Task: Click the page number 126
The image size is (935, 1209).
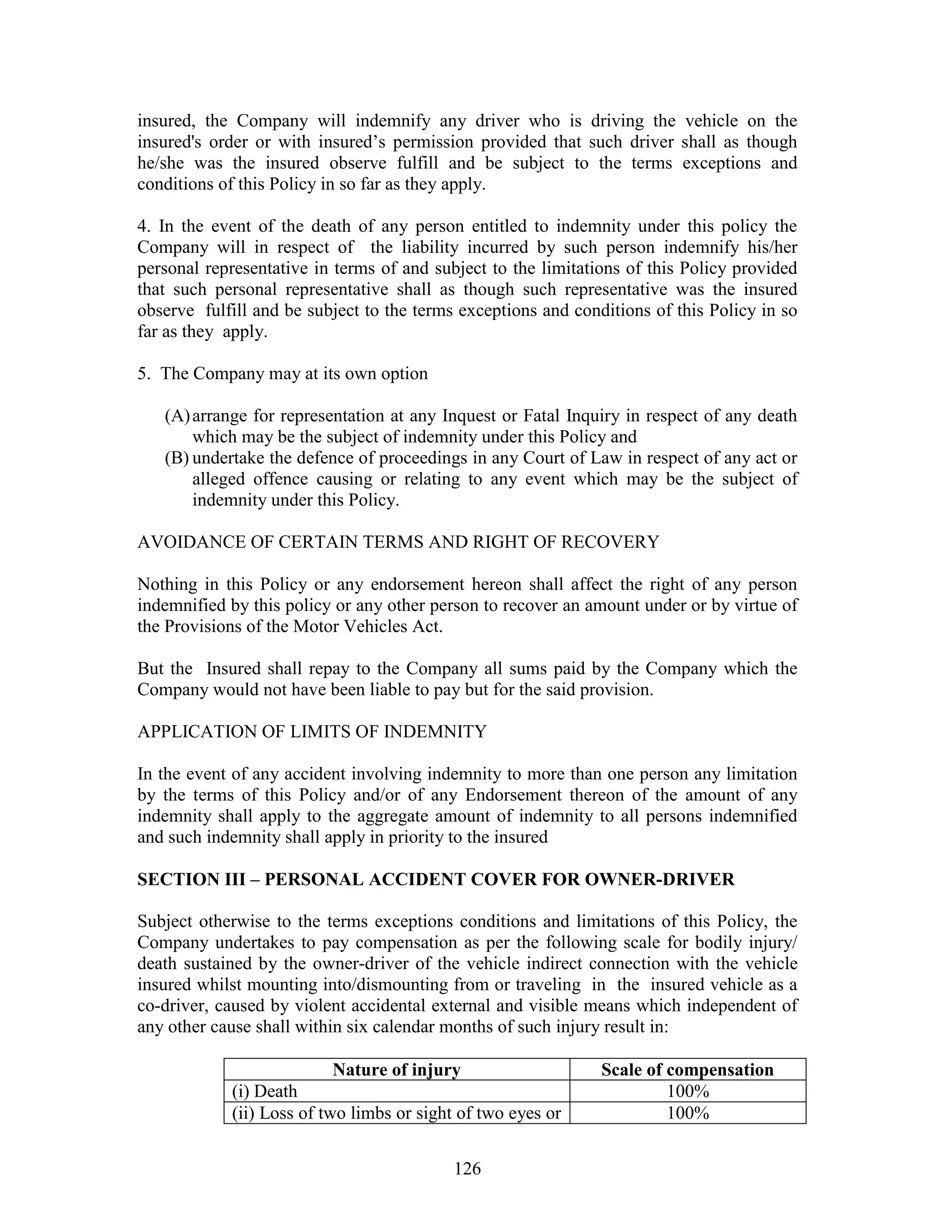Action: pyautogui.click(x=467, y=1168)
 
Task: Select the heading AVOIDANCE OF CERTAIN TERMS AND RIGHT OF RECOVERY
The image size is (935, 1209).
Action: pyautogui.click(x=398, y=542)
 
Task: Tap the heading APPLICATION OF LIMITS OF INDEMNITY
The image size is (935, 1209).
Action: pyautogui.click(x=312, y=731)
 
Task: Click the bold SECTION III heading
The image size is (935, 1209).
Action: pyautogui.click(x=436, y=879)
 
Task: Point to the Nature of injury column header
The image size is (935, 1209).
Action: pyautogui.click(x=397, y=1069)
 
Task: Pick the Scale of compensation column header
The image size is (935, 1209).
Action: pyautogui.click(x=688, y=1069)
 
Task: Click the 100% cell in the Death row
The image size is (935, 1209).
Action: pyautogui.click(x=688, y=1091)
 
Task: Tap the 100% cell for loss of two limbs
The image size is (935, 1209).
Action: pyautogui.click(x=688, y=1113)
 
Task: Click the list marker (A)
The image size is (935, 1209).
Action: pyautogui.click(x=177, y=416)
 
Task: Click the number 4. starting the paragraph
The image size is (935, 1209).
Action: pyautogui.click(x=143, y=226)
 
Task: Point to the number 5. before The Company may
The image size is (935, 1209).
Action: pyautogui.click(x=143, y=374)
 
